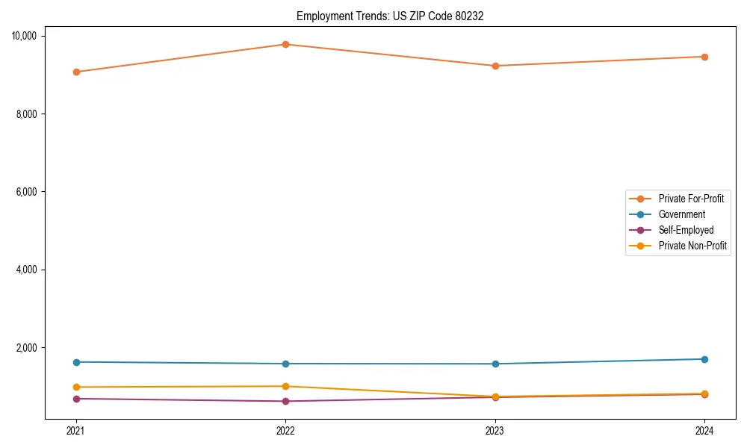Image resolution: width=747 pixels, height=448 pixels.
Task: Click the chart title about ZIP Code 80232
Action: (x=390, y=16)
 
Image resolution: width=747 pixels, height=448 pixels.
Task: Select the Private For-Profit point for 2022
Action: (x=285, y=44)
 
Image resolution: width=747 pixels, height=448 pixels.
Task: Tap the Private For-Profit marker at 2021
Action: (x=75, y=72)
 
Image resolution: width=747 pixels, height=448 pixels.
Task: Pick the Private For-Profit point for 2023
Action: (x=495, y=66)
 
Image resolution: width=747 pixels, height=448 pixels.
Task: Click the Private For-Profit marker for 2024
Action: (x=704, y=57)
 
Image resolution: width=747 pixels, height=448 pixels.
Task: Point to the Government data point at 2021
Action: (x=75, y=362)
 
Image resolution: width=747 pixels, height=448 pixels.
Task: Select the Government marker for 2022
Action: (x=285, y=364)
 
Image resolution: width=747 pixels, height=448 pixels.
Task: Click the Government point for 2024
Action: (x=704, y=359)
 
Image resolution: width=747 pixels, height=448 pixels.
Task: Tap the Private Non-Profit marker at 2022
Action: (x=285, y=386)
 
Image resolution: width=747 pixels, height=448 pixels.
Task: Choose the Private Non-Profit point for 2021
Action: (x=75, y=387)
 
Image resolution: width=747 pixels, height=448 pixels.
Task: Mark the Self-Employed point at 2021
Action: (x=75, y=399)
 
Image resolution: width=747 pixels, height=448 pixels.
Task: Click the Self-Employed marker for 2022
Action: (x=285, y=401)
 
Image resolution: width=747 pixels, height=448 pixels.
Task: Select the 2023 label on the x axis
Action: (x=495, y=431)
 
